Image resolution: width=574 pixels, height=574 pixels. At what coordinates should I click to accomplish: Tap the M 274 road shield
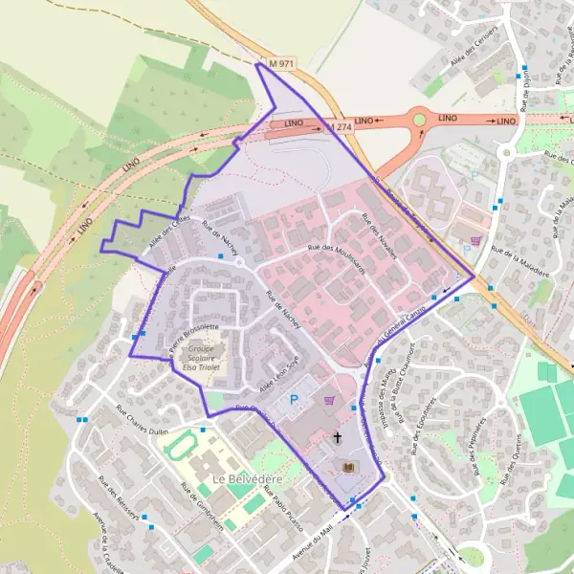339,126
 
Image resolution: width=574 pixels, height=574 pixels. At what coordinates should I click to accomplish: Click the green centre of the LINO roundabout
419,120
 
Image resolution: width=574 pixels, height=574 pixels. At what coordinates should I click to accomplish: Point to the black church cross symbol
337,438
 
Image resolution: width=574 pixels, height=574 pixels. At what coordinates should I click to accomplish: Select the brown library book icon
347,466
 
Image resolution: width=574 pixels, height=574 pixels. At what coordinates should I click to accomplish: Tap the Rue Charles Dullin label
142,421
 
